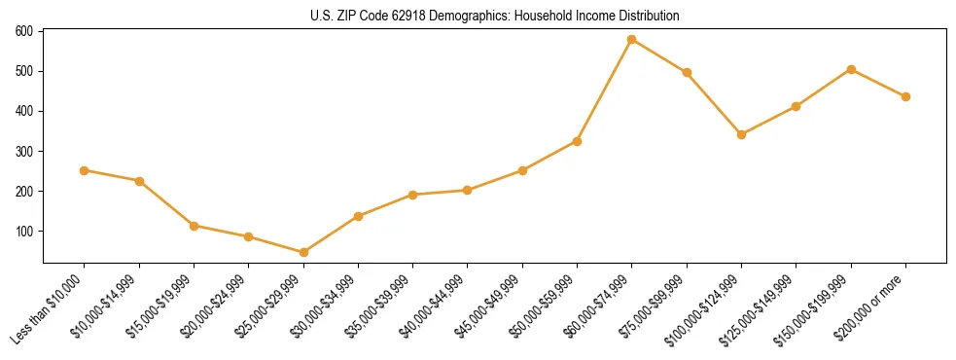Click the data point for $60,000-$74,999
pyautogui.click(x=632, y=40)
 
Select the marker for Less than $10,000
pyautogui.click(x=85, y=170)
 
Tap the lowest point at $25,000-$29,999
pyautogui.click(x=303, y=253)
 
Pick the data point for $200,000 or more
pyautogui.click(x=905, y=96)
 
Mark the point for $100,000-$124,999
pyautogui.click(x=741, y=134)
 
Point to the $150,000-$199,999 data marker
pyautogui.click(x=851, y=69)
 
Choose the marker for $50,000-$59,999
pyautogui.click(x=577, y=141)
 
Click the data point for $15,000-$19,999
pyautogui.click(x=194, y=226)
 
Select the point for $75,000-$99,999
pyautogui.click(x=687, y=72)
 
